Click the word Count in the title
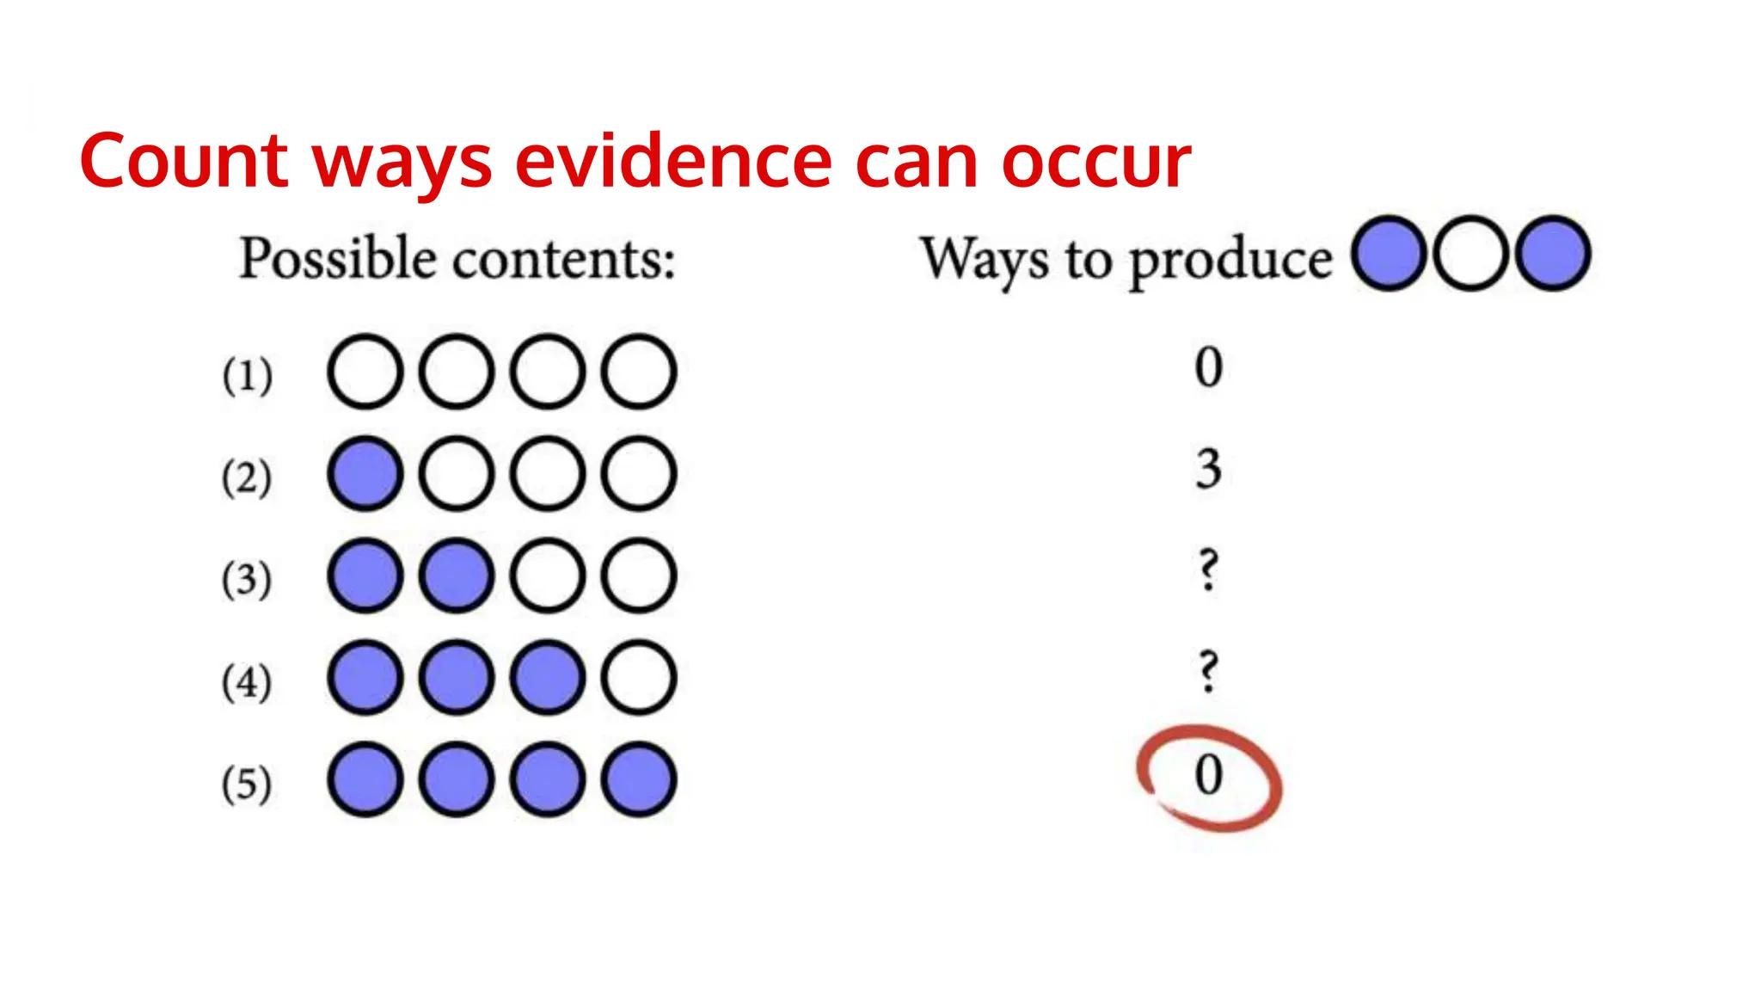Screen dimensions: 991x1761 coord(183,161)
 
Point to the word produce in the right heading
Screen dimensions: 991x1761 coord(1230,260)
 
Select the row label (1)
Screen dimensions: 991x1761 coord(248,374)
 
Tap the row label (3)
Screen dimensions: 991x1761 coord(248,578)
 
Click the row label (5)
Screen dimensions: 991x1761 coord(248,783)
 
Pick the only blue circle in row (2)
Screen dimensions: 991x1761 coord(365,474)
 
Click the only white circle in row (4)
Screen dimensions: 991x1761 coord(639,678)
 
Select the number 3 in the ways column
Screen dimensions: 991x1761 coord(1209,469)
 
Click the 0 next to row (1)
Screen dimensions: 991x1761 coord(1209,367)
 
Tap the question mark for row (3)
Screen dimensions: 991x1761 coord(1209,570)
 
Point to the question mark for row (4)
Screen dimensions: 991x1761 coord(1209,672)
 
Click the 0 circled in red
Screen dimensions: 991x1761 coord(1209,775)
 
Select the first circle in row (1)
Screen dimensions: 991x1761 coord(365,372)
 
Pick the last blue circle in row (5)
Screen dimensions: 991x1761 coord(639,780)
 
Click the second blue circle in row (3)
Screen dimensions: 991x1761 coord(457,576)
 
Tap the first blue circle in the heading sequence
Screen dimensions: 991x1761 coord(1389,254)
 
